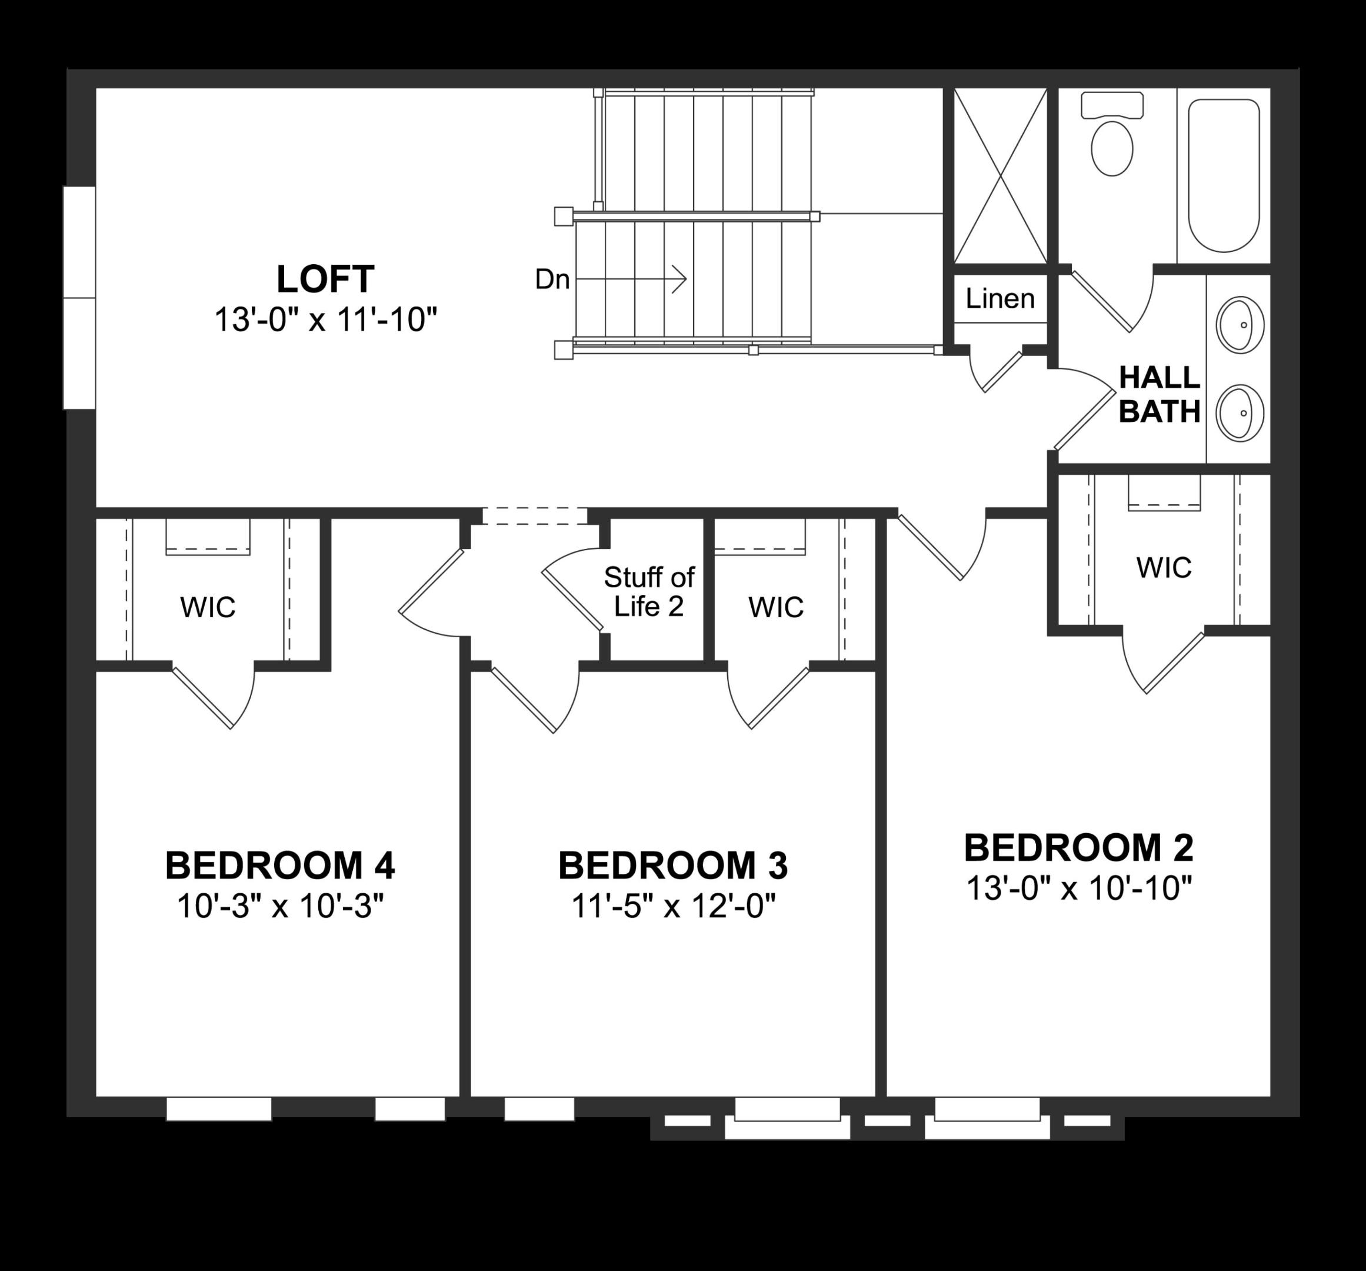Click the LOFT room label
[x=325, y=280]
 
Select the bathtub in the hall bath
[x=1224, y=175]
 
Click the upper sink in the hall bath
[x=1240, y=325]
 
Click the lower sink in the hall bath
[x=1240, y=412]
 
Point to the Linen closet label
[x=999, y=299]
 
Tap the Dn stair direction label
[x=552, y=280]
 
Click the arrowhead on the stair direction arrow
[x=680, y=280]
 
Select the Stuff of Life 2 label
[x=649, y=592]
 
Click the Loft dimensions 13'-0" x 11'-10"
[x=325, y=320]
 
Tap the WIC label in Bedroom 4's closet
[x=208, y=607]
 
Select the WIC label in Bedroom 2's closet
[x=1164, y=568]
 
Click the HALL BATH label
[x=1159, y=395]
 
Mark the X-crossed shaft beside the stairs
[x=999, y=176]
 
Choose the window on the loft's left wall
[x=79, y=298]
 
